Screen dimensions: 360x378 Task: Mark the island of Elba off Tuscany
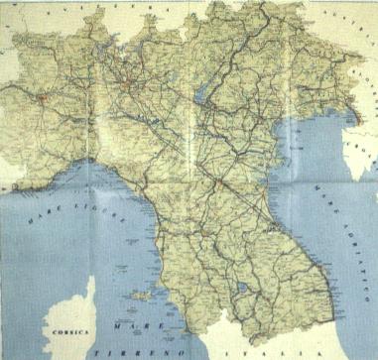[140, 296]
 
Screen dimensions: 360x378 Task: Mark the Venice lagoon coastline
[280, 117]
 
